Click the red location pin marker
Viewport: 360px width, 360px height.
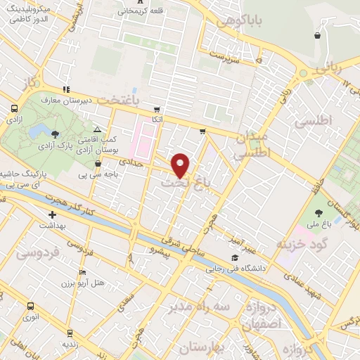[181, 165]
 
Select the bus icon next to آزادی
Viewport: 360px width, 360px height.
[14, 109]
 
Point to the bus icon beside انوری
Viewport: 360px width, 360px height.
[30, 306]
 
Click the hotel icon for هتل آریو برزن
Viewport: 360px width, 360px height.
[83, 273]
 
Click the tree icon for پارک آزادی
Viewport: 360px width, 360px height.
[56, 134]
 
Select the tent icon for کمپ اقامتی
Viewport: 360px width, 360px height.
[97, 129]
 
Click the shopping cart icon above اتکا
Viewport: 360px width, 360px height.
[156, 109]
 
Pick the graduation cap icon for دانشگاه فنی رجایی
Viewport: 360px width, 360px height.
[234, 258]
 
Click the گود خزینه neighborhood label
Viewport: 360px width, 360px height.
[302, 244]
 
